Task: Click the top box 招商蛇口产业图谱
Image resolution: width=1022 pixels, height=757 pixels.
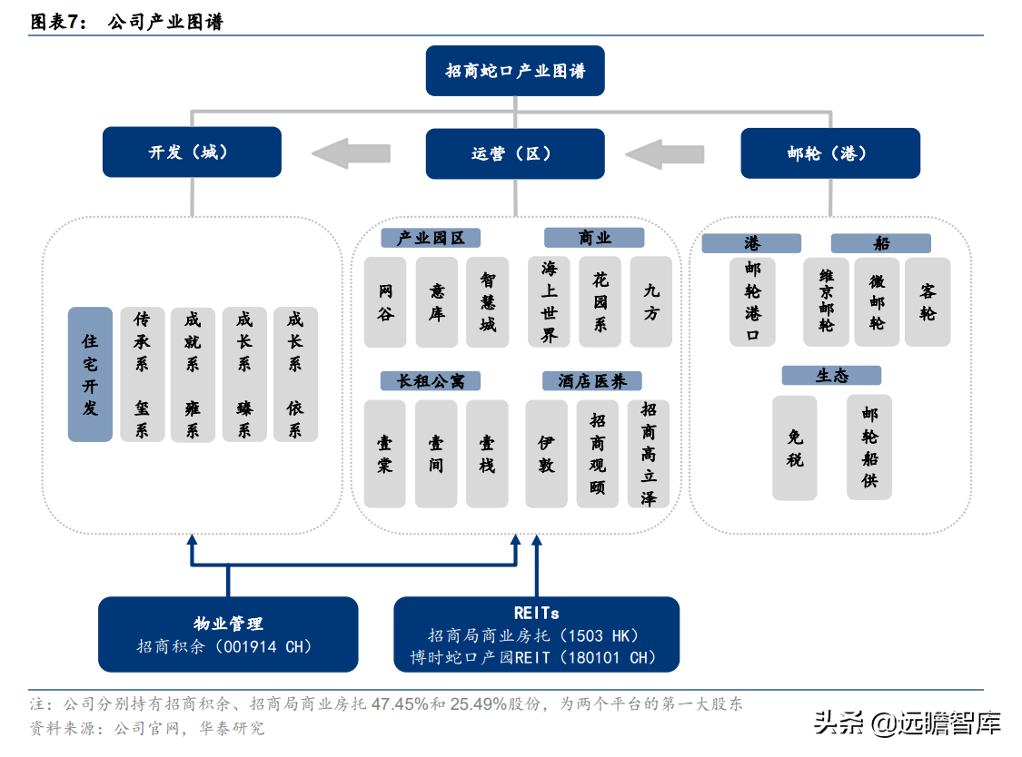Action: [x=515, y=71]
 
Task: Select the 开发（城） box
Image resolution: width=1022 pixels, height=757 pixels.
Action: [x=192, y=152]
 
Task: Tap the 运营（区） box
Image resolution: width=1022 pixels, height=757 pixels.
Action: [x=515, y=153]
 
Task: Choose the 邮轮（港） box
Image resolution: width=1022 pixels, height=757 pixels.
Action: [x=829, y=153]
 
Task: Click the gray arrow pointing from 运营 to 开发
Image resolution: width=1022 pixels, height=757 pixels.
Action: [x=351, y=152]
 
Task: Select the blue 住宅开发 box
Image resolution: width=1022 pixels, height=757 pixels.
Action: [x=90, y=374]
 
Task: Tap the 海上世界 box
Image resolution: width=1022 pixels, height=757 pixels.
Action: [x=549, y=301]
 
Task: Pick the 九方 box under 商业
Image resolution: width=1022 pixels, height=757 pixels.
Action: [x=650, y=301]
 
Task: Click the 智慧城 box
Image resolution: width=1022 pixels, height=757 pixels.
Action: [x=488, y=301]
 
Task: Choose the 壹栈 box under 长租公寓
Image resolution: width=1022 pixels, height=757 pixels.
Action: [x=487, y=454]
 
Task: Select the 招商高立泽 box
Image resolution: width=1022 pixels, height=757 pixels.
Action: [x=649, y=454]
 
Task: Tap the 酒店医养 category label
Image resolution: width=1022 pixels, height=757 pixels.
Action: [x=592, y=381]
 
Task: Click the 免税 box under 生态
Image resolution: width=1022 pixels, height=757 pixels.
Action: [x=795, y=447]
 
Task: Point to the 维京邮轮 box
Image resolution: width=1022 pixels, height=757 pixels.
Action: [x=826, y=301]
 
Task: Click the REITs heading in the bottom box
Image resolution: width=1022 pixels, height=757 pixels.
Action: [x=536, y=614]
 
